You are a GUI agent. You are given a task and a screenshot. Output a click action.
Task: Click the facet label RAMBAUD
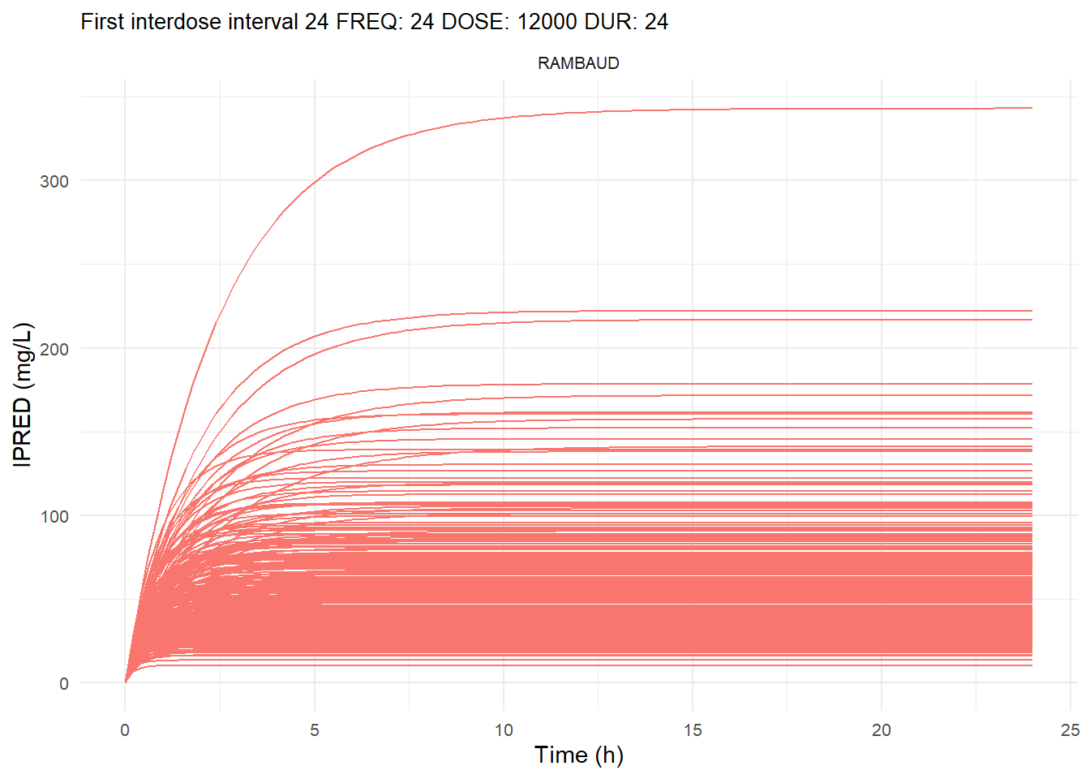tap(578, 63)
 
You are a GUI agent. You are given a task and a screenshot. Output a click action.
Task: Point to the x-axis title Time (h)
tap(578, 755)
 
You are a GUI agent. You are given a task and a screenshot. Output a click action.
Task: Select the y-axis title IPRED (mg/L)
tap(24, 394)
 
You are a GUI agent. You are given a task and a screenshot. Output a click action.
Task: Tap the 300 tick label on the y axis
tap(54, 181)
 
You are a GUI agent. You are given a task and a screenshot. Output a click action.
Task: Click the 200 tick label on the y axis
tap(54, 349)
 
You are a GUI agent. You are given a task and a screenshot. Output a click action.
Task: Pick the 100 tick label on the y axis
tap(54, 516)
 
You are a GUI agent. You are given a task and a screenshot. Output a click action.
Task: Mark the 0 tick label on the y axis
tap(64, 683)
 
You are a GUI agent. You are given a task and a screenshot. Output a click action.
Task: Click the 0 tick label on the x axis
tap(125, 730)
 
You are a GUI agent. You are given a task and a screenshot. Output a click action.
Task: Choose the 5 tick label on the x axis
tap(315, 730)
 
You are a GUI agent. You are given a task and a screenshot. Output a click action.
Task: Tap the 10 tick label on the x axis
tap(504, 730)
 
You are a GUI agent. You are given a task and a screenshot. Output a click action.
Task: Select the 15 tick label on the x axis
tap(693, 730)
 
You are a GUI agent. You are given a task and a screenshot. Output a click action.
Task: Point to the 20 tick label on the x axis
tap(882, 730)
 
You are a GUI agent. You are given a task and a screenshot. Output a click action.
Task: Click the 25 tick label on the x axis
tap(1071, 730)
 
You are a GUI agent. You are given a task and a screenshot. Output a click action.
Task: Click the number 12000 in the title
tap(547, 22)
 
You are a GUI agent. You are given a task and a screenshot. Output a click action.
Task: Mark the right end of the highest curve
tap(1032, 108)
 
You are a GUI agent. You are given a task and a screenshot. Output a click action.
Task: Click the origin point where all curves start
tap(125, 682)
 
